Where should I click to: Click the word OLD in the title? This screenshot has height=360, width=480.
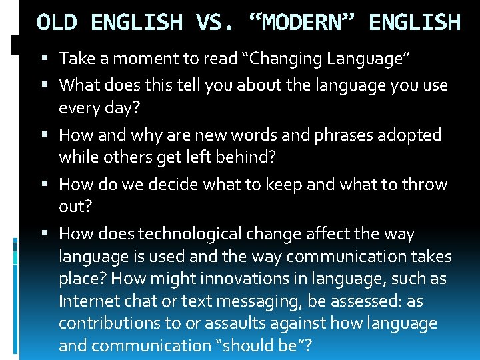[x=59, y=23]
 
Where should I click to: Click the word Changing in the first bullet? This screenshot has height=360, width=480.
[x=285, y=59]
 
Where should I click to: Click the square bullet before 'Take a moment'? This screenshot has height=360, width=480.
[x=49, y=59]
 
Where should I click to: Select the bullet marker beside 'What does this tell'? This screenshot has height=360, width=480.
[x=49, y=85]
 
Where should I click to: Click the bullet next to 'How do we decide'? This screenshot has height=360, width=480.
[x=49, y=185]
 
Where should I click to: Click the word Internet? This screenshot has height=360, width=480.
[x=87, y=301]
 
